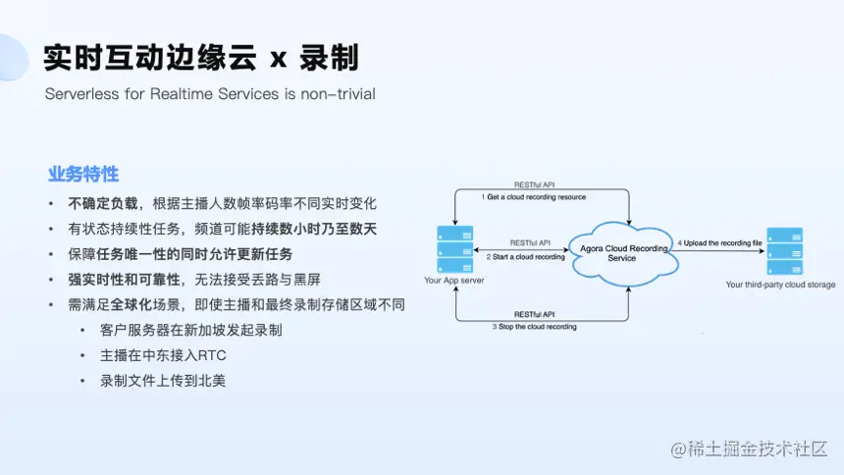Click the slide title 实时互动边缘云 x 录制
click(x=201, y=58)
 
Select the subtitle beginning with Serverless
click(x=210, y=94)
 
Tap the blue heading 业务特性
click(x=83, y=174)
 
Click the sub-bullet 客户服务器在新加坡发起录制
click(x=190, y=330)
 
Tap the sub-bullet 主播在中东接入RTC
click(x=163, y=355)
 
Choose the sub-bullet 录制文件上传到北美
click(x=163, y=381)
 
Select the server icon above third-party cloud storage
click(x=784, y=251)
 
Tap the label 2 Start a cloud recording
click(x=525, y=257)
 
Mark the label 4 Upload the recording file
click(x=719, y=242)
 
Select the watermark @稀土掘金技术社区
click(x=750, y=449)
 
